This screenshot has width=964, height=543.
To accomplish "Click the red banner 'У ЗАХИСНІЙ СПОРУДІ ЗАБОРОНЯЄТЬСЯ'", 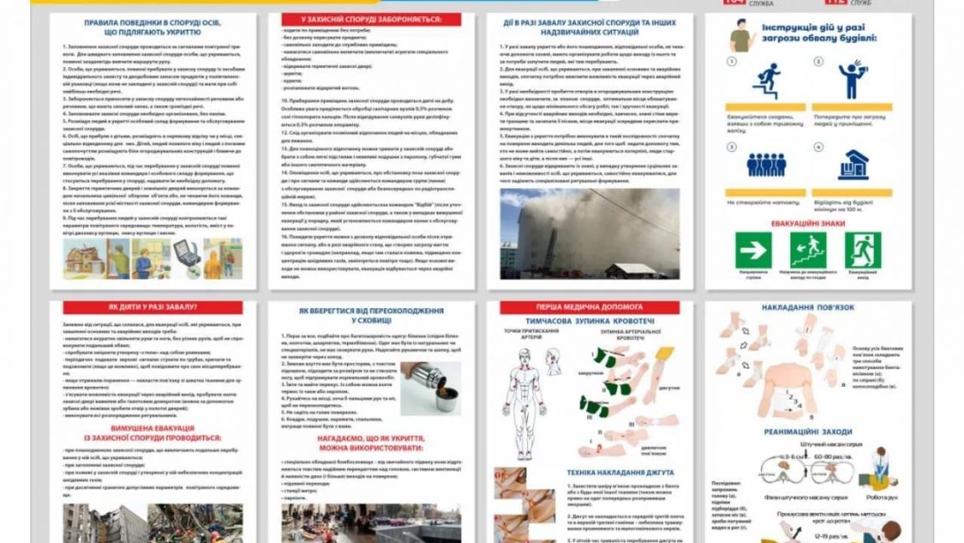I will click(x=370, y=18).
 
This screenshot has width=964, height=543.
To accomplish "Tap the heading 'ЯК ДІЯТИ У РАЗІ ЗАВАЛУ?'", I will click(x=153, y=308).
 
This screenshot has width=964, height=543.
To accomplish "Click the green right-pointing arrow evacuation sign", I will click(x=753, y=250).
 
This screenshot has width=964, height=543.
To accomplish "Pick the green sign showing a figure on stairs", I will click(x=807, y=250).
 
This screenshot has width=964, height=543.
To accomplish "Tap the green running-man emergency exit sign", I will click(x=862, y=250).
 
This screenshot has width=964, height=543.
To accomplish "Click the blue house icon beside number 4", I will click(x=853, y=164).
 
